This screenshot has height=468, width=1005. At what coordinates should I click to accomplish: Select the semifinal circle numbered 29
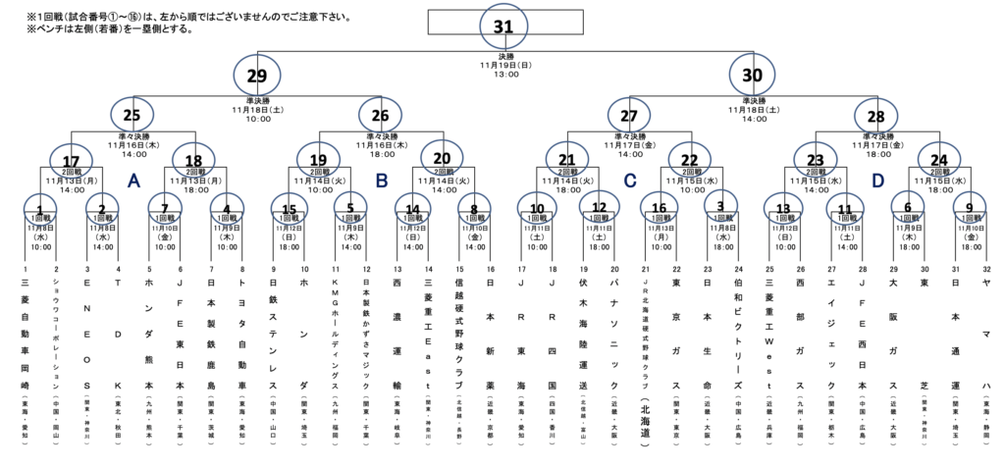256,75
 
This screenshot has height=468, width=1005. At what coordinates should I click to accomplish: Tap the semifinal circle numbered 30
751,75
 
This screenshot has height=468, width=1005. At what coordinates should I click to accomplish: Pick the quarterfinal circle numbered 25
133,113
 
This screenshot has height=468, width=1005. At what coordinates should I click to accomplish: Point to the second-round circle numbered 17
72,161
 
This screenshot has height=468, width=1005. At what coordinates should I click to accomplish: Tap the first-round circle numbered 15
289,208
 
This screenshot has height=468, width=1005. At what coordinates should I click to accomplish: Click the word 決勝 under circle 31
503,57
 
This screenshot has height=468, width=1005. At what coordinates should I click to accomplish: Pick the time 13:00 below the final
503,75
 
